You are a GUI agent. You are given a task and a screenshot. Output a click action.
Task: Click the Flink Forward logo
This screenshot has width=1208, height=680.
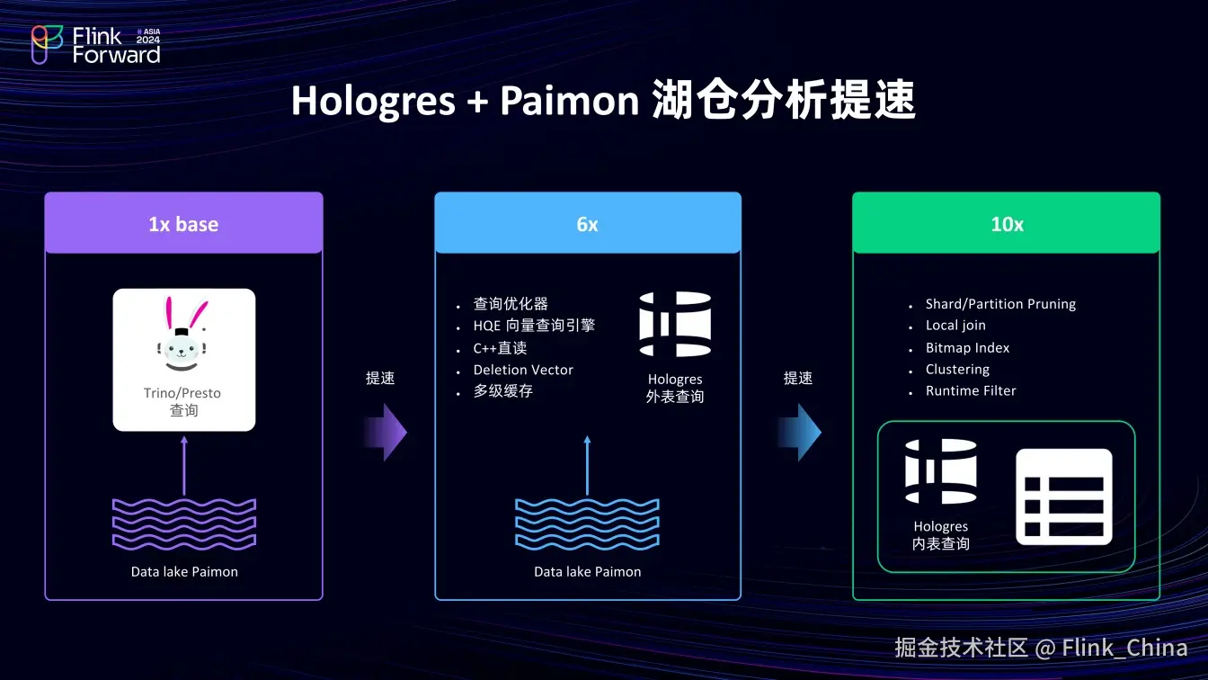(x=95, y=45)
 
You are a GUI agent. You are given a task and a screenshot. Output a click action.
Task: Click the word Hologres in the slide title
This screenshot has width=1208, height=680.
(x=373, y=102)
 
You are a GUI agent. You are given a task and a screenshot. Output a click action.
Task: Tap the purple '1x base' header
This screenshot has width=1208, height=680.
(x=183, y=224)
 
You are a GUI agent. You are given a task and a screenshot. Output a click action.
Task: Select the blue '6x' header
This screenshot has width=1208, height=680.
(x=587, y=224)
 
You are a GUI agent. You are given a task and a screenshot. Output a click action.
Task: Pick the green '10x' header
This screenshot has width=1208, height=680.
(x=1007, y=224)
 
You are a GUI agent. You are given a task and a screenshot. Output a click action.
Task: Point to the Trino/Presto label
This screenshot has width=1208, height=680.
(x=182, y=393)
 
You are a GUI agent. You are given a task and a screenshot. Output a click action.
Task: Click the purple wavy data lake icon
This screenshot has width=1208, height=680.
(x=183, y=523)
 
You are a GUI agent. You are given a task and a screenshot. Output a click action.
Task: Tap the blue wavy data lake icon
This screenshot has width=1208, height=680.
(x=587, y=523)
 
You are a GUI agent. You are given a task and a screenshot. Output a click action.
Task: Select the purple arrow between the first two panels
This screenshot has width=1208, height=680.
(x=386, y=433)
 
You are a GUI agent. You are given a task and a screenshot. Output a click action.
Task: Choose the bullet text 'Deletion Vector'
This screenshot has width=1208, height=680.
(x=523, y=370)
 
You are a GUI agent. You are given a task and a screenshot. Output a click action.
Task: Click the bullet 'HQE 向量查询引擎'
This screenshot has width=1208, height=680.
(x=534, y=326)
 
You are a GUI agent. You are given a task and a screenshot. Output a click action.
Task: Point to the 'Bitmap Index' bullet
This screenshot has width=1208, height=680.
(x=967, y=348)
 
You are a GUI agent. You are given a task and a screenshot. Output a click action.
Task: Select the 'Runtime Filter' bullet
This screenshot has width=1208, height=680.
(x=971, y=391)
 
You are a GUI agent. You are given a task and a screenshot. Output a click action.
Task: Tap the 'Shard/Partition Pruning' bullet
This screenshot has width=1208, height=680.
(x=1000, y=304)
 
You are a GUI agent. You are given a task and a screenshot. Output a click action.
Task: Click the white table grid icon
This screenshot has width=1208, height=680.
(x=1064, y=497)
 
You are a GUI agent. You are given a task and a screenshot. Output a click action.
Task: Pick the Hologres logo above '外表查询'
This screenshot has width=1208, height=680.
(x=675, y=325)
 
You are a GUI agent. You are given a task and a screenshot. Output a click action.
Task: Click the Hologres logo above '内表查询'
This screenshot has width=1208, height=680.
(x=941, y=471)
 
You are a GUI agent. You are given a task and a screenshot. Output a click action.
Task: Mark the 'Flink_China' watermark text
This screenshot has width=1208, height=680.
(x=1124, y=648)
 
